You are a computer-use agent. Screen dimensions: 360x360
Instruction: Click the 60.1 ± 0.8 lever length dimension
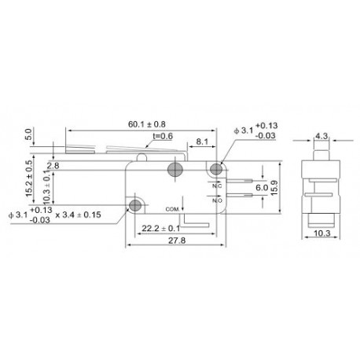[x=146, y=123]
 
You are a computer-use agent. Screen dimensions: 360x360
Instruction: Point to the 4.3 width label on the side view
[x=321, y=135]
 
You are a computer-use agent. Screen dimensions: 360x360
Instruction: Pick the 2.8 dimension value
[x=53, y=166]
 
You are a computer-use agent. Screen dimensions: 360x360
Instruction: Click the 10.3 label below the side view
[x=321, y=233]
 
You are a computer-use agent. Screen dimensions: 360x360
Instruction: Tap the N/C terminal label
[x=217, y=186]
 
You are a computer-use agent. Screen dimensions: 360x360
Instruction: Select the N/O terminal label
[x=218, y=200]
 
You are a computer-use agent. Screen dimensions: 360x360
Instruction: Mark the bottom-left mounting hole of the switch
[x=135, y=206]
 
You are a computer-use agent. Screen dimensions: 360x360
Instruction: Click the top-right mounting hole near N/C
[x=218, y=168]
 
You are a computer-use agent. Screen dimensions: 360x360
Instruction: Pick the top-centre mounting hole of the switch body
[x=175, y=170]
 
